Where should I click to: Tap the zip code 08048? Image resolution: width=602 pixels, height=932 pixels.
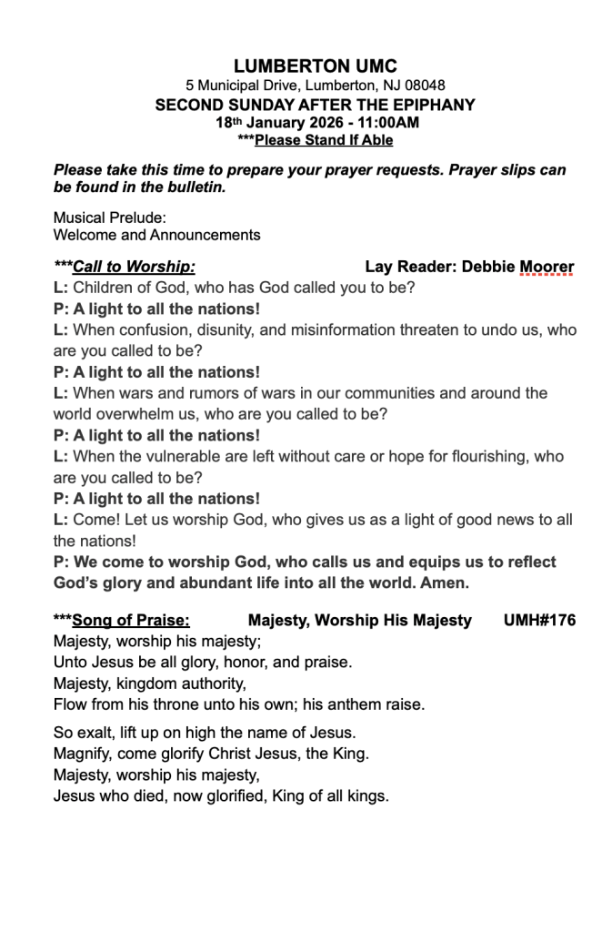(x=426, y=86)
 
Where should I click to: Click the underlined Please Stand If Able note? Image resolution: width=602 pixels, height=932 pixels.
(x=324, y=140)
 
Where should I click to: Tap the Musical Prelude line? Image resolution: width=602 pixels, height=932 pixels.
(x=110, y=218)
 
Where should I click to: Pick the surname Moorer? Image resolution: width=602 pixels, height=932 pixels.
(x=547, y=267)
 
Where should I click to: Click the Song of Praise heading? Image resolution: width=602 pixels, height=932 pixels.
(x=131, y=621)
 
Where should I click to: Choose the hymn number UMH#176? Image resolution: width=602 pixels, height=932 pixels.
(x=538, y=621)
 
